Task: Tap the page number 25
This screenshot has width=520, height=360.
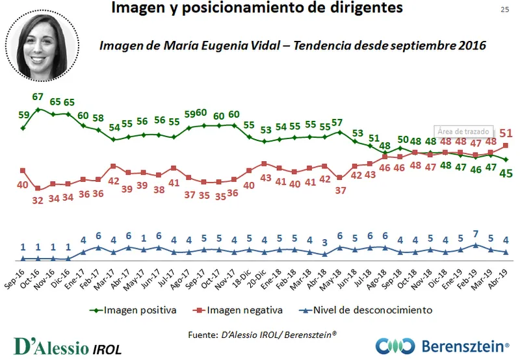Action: point(504,9)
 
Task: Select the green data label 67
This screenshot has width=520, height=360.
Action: point(38,97)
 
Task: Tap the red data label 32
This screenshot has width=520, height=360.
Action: point(38,200)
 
